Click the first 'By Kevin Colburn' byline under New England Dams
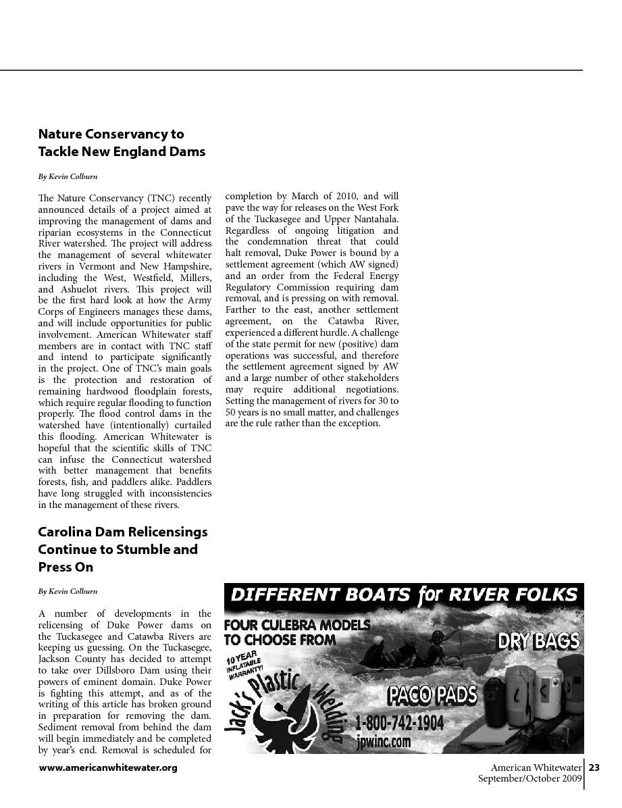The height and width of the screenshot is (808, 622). point(68,176)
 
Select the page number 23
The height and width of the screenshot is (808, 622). point(594,767)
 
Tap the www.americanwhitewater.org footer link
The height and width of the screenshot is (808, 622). point(108,768)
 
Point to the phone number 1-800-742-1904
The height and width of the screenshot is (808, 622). point(400,724)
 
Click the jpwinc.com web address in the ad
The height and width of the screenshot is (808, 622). point(383,742)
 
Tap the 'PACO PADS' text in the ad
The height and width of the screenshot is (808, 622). point(432,694)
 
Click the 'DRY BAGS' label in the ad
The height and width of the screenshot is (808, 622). point(540,640)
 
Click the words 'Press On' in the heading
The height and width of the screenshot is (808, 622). point(66,567)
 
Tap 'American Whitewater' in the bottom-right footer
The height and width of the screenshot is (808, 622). point(536,767)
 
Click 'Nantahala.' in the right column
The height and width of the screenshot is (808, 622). point(377,219)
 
